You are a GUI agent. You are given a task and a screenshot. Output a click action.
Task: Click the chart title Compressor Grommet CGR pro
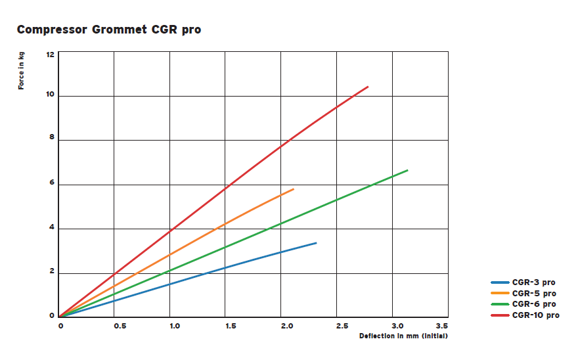[x=108, y=30]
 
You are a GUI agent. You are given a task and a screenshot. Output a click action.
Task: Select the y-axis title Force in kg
[x=21, y=71]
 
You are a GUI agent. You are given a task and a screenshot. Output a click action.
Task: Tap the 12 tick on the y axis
[x=50, y=54]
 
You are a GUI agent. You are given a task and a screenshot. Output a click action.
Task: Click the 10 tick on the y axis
[x=50, y=96]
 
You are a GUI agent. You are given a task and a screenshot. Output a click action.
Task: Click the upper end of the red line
[x=368, y=87]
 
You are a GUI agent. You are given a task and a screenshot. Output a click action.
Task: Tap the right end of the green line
[x=407, y=171]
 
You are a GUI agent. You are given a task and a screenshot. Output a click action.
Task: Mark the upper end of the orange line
[x=293, y=189]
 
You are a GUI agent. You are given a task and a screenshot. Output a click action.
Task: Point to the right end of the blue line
[x=316, y=243]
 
